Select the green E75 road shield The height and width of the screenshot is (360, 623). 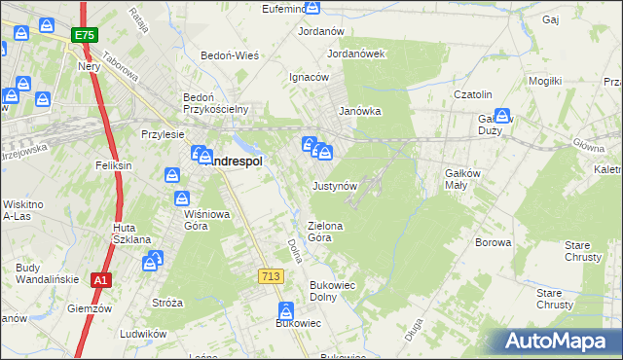pos(84,35)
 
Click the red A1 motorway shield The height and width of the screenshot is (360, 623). pos(100,280)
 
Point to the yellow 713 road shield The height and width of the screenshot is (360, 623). pos(272,277)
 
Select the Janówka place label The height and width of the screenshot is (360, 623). pos(358,111)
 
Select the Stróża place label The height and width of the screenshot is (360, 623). pos(166,303)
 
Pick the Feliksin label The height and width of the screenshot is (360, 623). pos(114,166)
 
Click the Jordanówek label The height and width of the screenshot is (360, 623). pos(357,54)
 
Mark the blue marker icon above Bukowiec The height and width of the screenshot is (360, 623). pos(286,311)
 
